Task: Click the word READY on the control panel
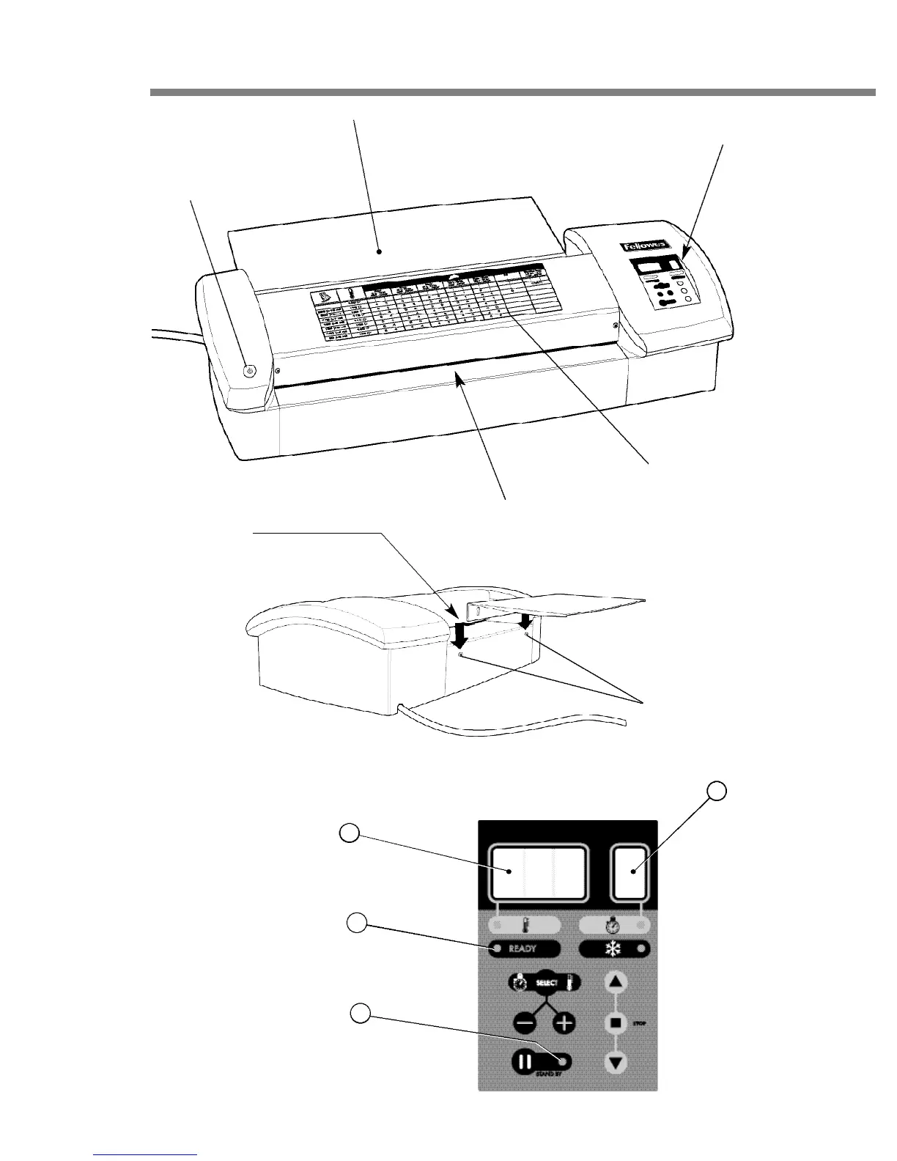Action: pos(523,948)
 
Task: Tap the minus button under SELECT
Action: pos(525,1023)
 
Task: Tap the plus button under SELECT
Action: pos(564,1023)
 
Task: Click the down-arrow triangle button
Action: pos(616,1061)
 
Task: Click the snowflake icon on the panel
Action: pos(610,948)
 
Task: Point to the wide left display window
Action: pos(539,872)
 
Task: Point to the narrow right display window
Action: pos(632,872)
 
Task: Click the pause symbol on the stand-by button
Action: pos(525,1061)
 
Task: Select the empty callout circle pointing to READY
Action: pos(357,924)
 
